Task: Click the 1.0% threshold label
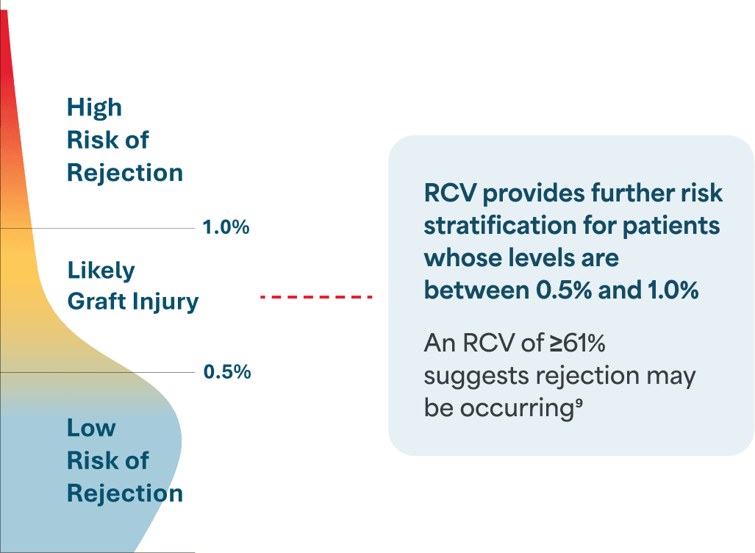pyautogui.click(x=226, y=227)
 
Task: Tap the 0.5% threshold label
pyautogui.click(x=227, y=372)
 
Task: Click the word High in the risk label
pyautogui.click(x=94, y=107)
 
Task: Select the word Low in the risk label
pyautogui.click(x=91, y=427)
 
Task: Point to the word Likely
pyautogui.click(x=101, y=271)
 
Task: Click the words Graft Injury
pyautogui.click(x=133, y=302)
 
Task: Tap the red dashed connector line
pyautogui.click(x=317, y=296)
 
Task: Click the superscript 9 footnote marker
pyautogui.click(x=579, y=404)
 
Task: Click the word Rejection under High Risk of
pyautogui.click(x=125, y=173)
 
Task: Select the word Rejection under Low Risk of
pyautogui.click(x=125, y=493)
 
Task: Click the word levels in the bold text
pyautogui.click(x=533, y=258)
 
